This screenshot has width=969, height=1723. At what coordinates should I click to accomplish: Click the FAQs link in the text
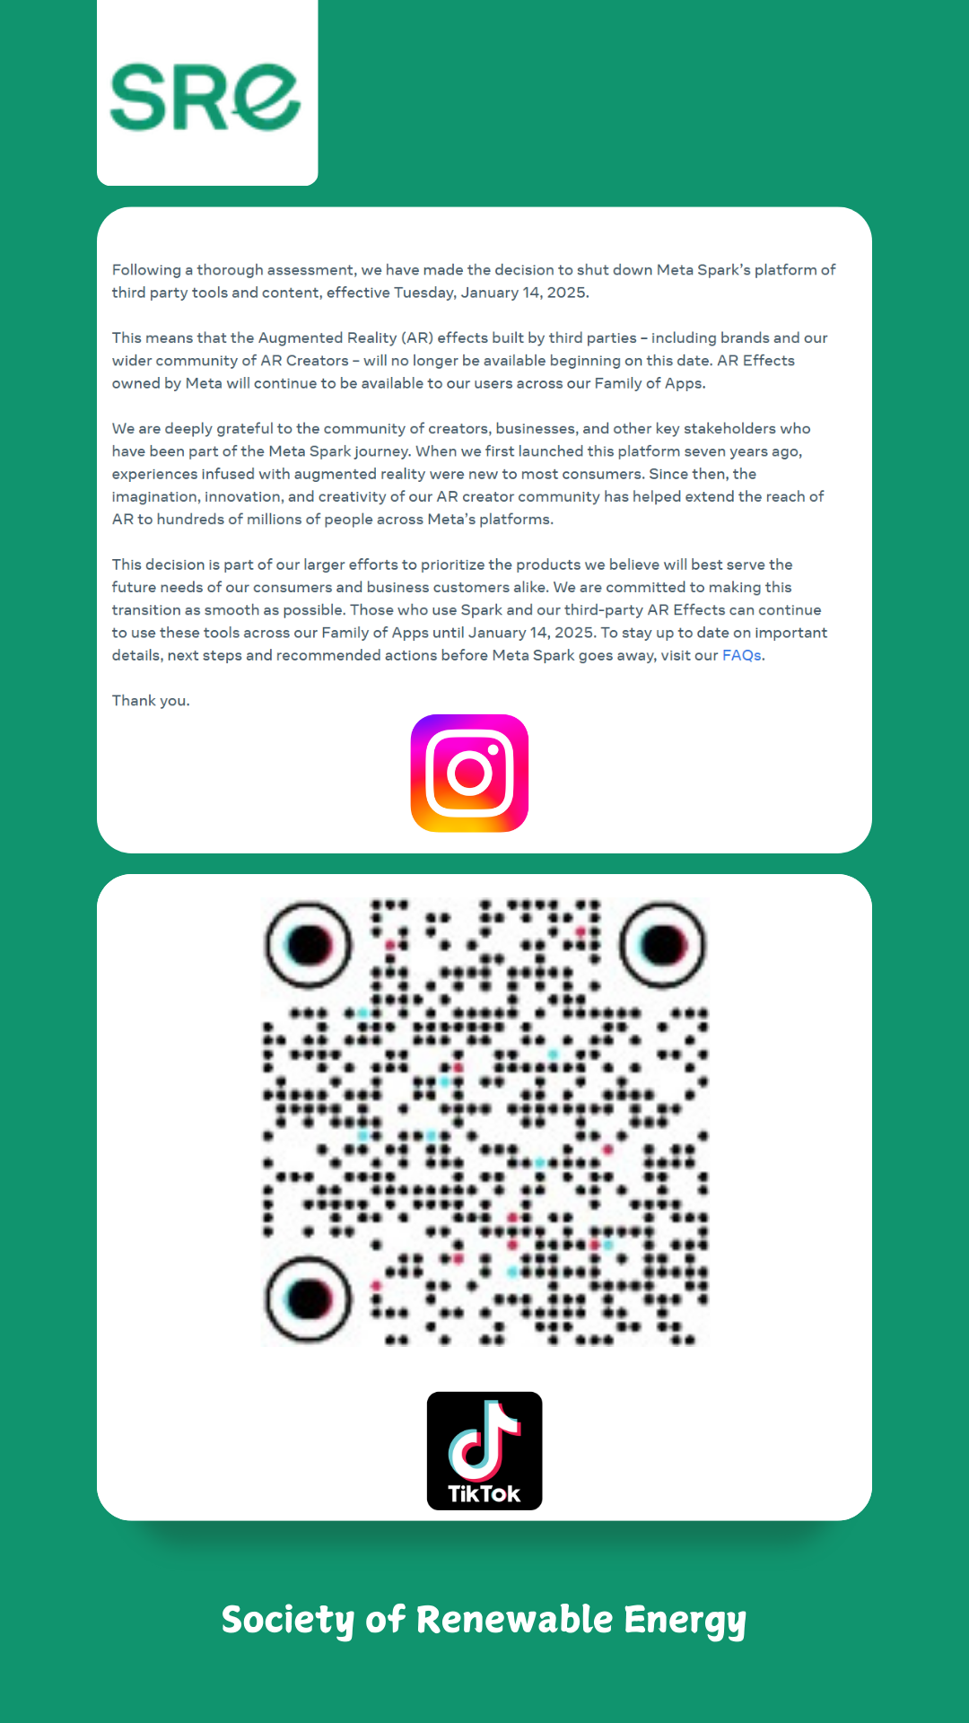point(741,655)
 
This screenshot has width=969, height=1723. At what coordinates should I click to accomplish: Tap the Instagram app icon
point(469,773)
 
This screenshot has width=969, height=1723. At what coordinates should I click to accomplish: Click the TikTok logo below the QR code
point(484,1450)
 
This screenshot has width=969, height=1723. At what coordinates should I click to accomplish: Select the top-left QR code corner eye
point(309,945)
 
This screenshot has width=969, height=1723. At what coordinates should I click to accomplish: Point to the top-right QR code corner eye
point(663,945)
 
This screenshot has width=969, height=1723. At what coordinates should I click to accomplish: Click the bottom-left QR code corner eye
point(309,1299)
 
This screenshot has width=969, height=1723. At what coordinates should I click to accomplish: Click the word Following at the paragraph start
point(146,270)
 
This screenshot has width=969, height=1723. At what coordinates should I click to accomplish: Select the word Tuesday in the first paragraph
point(425,293)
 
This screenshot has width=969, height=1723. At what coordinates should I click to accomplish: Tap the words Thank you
point(151,701)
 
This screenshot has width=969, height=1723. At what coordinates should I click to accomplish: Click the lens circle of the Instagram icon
point(469,773)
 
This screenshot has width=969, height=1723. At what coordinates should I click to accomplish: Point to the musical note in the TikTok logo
point(484,1439)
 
